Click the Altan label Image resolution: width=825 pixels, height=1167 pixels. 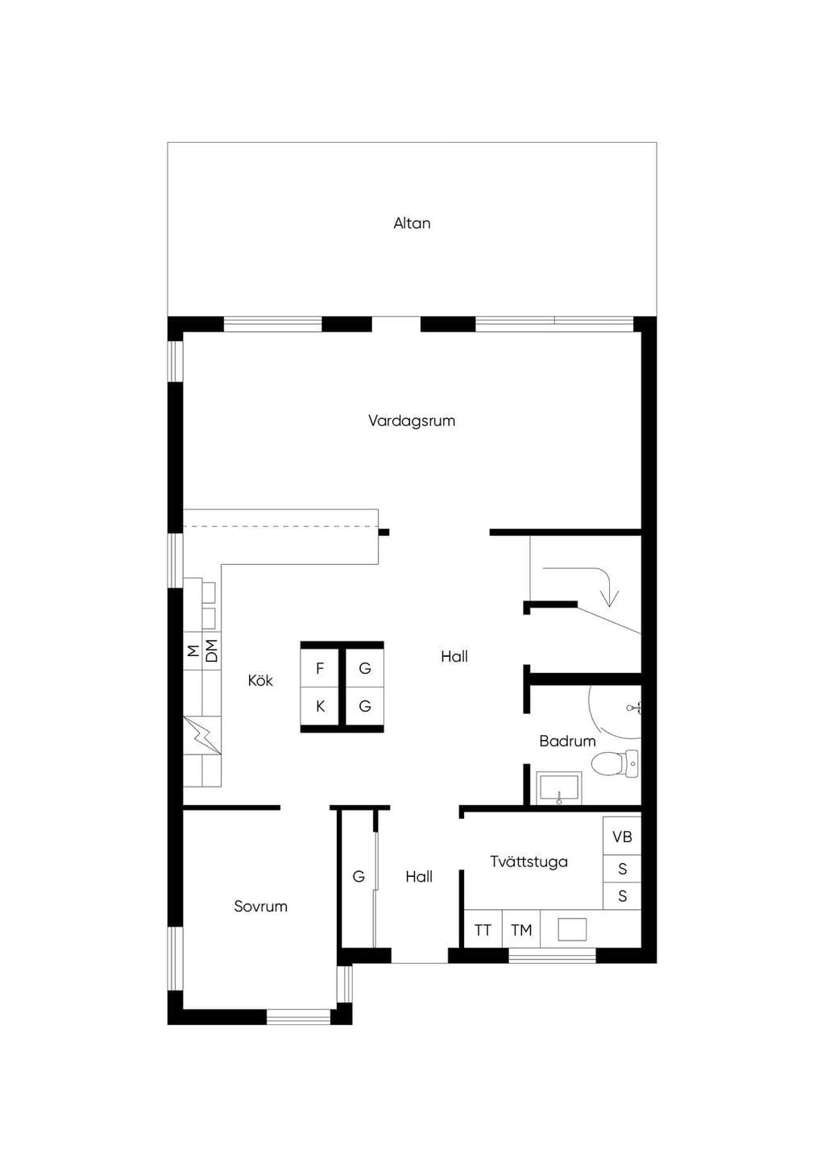pyautogui.click(x=412, y=223)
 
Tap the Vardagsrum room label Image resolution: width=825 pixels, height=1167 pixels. pyautogui.click(x=412, y=421)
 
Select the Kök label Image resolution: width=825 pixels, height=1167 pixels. pyautogui.click(x=260, y=680)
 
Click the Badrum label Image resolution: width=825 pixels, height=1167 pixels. pyautogui.click(x=567, y=741)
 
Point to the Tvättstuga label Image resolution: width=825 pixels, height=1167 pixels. pyautogui.click(x=529, y=862)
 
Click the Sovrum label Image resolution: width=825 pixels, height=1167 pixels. pyautogui.click(x=260, y=907)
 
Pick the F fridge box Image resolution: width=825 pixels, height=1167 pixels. pyautogui.click(x=321, y=668)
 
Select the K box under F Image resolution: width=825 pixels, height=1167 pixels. pyautogui.click(x=321, y=707)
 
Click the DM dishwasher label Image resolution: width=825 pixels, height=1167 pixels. pyautogui.click(x=212, y=650)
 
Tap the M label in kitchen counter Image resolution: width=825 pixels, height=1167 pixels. pyautogui.click(x=193, y=650)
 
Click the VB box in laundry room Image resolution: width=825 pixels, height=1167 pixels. pyautogui.click(x=622, y=837)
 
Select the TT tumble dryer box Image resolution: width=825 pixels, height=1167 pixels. pyautogui.click(x=483, y=930)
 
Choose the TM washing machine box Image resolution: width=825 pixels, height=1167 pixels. pyautogui.click(x=521, y=930)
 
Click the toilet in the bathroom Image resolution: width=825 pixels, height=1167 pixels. pyautogui.click(x=615, y=764)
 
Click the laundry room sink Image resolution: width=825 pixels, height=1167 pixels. pyautogui.click(x=572, y=929)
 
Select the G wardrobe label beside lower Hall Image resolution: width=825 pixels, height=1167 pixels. pyautogui.click(x=359, y=877)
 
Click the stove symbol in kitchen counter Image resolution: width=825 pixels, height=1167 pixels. pyautogui.click(x=202, y=735)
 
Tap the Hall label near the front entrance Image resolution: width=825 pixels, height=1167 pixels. pyautogui.click(x=419, y=877)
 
